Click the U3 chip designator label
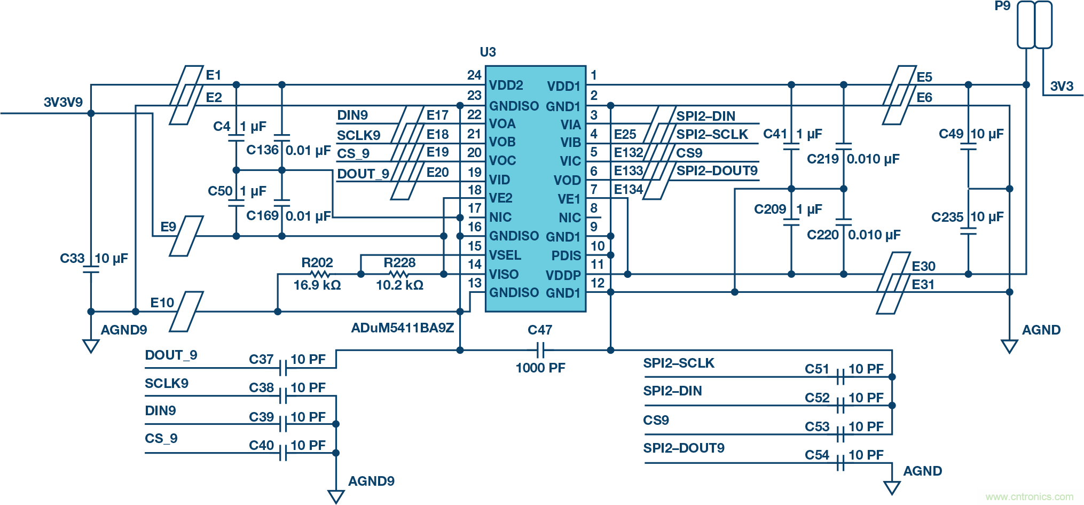point(488,52)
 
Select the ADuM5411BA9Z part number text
point(402,328)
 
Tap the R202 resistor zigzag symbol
point(319,274)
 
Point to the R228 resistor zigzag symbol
point(398,274)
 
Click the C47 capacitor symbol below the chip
point(540,351)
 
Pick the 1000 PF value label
point(540,368)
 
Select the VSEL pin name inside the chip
point(505,255)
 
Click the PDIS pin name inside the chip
point(565,255)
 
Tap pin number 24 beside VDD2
point(474,75)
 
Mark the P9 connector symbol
point(1034,25)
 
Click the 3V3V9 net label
point(63,102)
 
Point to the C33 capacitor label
point(72,259)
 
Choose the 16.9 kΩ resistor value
point(317,285)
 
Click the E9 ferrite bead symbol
point(186,236)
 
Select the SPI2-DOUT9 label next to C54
point(684,448)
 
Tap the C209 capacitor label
point(769,209)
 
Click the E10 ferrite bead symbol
point(186,311)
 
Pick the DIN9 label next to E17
point(352,115)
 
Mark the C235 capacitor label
point(947,217)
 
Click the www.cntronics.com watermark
point(1029,497)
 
